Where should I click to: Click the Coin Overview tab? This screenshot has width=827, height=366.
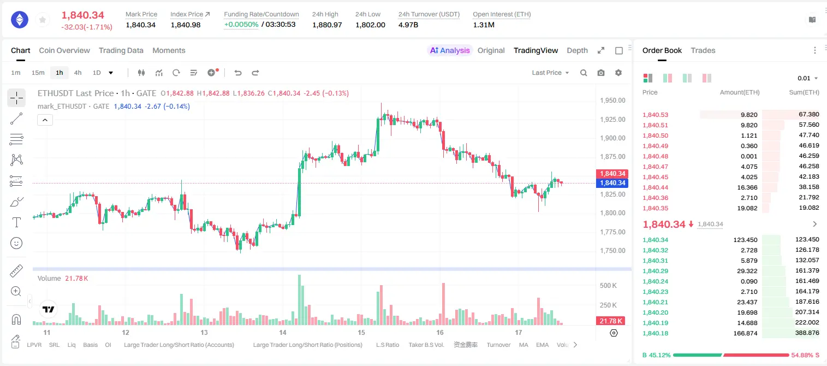pyautogui.click(x=64, y=50)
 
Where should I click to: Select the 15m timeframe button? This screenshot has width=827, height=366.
pyautogui.click(x=38, y=73)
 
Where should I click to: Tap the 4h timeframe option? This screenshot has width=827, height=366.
pyautogui.click(x=78, y=73)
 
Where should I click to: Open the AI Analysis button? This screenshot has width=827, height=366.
pyautogui.click(x=450, y=50)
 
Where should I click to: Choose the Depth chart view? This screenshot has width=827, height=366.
pyautogui.click(x=577, y=50)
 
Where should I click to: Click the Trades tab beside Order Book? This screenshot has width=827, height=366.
pyautogui.click(x=703, y=50)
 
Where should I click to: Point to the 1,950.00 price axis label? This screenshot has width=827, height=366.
pyautogui.click(x=612, y=101)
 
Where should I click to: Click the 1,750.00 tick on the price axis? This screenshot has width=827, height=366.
pyautogui.click(x=612, y=250)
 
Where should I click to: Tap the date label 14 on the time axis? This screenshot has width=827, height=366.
pyautogui.click(x=282, y=332)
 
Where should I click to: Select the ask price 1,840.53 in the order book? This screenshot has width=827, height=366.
pyautogui.click(x=656, y=115)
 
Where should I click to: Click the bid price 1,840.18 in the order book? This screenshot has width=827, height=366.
pyautogui.click(x=656, y=333)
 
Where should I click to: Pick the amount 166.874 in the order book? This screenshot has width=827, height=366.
pyautogui.click(x=745, y=333)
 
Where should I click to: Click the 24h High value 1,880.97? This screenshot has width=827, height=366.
pyautogui.click(x=327, y=25)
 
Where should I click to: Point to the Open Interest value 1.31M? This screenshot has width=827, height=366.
pyautogui.click(x=484, y=25)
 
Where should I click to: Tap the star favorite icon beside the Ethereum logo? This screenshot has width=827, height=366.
pyautogui.click(x=43, y=20)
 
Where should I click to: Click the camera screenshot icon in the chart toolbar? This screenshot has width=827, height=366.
pyautogui.click(x=601, y=73)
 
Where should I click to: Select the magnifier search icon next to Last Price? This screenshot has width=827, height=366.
pyautogui.click(x=584, y=73)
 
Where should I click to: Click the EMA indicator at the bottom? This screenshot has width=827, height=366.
pyautogui.click(x=542, y=345)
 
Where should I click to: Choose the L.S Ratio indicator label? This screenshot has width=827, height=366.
pyautogui.click(x=387, y=345)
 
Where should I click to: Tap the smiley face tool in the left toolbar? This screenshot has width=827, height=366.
pyautogui.click(x=16, y=243)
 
